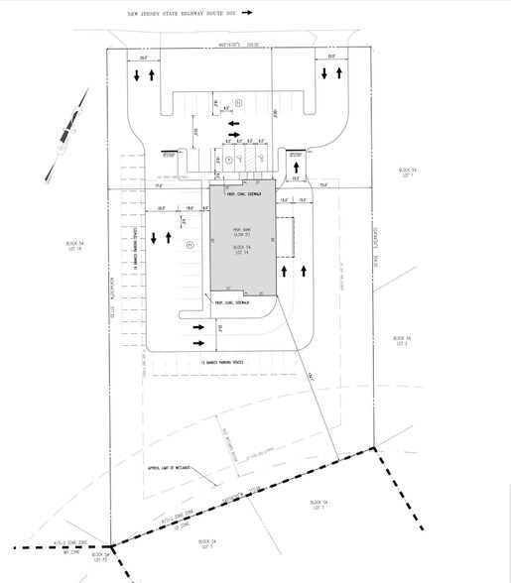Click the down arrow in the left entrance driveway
click(x=133, y=76)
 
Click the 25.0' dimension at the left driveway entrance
click(x=145, y=58)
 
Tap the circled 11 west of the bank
click(x=189, y=243)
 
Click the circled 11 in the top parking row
click(x=229, y=159)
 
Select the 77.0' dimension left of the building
click(x=158, y=184)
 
